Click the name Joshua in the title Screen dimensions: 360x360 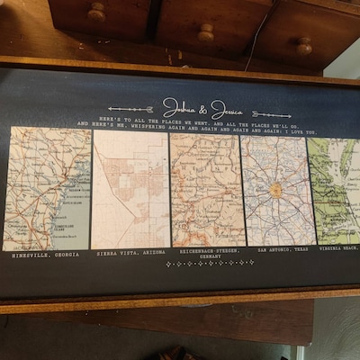[x=179, y=106]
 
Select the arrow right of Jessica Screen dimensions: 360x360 [x=271, y=114]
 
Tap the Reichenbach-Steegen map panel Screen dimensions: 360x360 [x=207, y=189]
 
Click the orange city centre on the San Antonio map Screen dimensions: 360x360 [x=275, y=190]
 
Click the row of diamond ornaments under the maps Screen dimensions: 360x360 [x=209, y=264]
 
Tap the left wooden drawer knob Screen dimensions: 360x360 [x=95, y=12]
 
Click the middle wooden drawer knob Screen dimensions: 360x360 [x=206, y=32]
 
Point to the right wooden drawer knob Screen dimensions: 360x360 [x=303, y=45]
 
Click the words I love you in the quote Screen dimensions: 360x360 [x=296, y=132]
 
